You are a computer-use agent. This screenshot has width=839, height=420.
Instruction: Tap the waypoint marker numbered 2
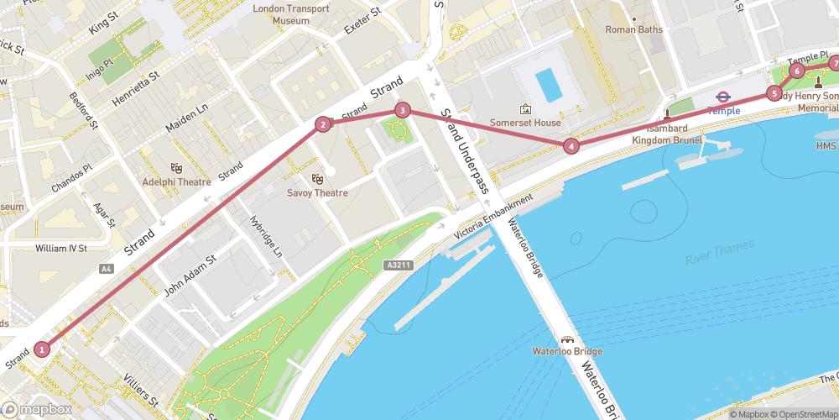[322, 125]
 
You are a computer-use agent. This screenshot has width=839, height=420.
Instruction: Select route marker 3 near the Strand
[403, 110]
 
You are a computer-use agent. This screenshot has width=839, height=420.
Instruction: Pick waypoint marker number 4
[571, 146]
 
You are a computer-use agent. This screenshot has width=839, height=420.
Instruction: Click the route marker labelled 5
[774, 93]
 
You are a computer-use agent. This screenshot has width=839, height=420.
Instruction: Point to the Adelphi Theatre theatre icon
[177, 168]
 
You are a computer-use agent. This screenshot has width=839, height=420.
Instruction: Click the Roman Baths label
[634, 29]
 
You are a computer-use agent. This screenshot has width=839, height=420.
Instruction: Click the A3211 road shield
[399, 265]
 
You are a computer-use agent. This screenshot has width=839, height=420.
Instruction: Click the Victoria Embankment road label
[492, 215]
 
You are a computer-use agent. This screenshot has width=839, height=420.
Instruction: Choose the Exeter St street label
[362, 23]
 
